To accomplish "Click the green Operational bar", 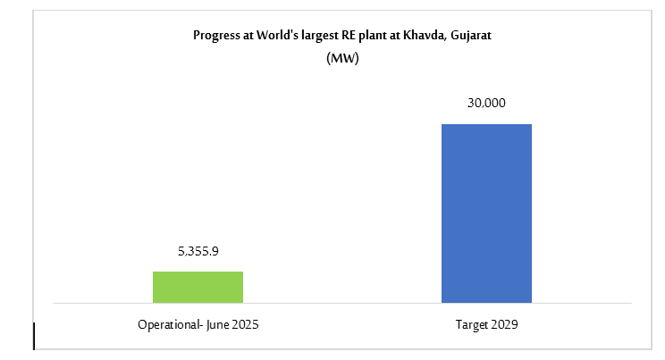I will click(x=198, y=287).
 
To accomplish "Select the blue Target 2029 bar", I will click(x=486, y=213).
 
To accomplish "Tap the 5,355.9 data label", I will click(x=198, y=252).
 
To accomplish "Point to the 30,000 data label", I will click(x=486, y=104).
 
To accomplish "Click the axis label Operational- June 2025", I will click(x=198, y=326).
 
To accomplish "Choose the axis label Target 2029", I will click(x=486, y=326).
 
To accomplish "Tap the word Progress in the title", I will click(x=215, y=36).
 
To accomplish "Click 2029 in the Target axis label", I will click(x=505, y=326).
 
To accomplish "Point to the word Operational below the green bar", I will click(x=167, y=326).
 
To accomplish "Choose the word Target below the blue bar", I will click(x=470, y=326).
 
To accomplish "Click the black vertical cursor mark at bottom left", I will click(x=33, y=336).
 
